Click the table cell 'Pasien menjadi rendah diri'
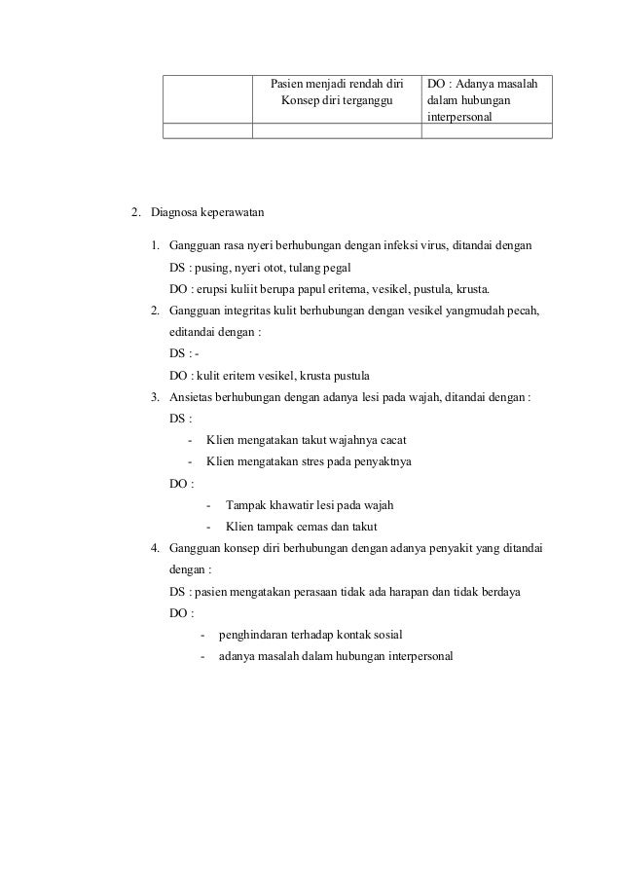click(x=336, y=85)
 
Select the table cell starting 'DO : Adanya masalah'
click(x=486, y=100)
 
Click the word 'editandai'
click(x=193, y=332)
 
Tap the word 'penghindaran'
click(x=255, y=634)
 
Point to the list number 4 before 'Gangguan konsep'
click(x=155, y=548)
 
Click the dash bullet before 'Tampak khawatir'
click(x=209, y=504)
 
